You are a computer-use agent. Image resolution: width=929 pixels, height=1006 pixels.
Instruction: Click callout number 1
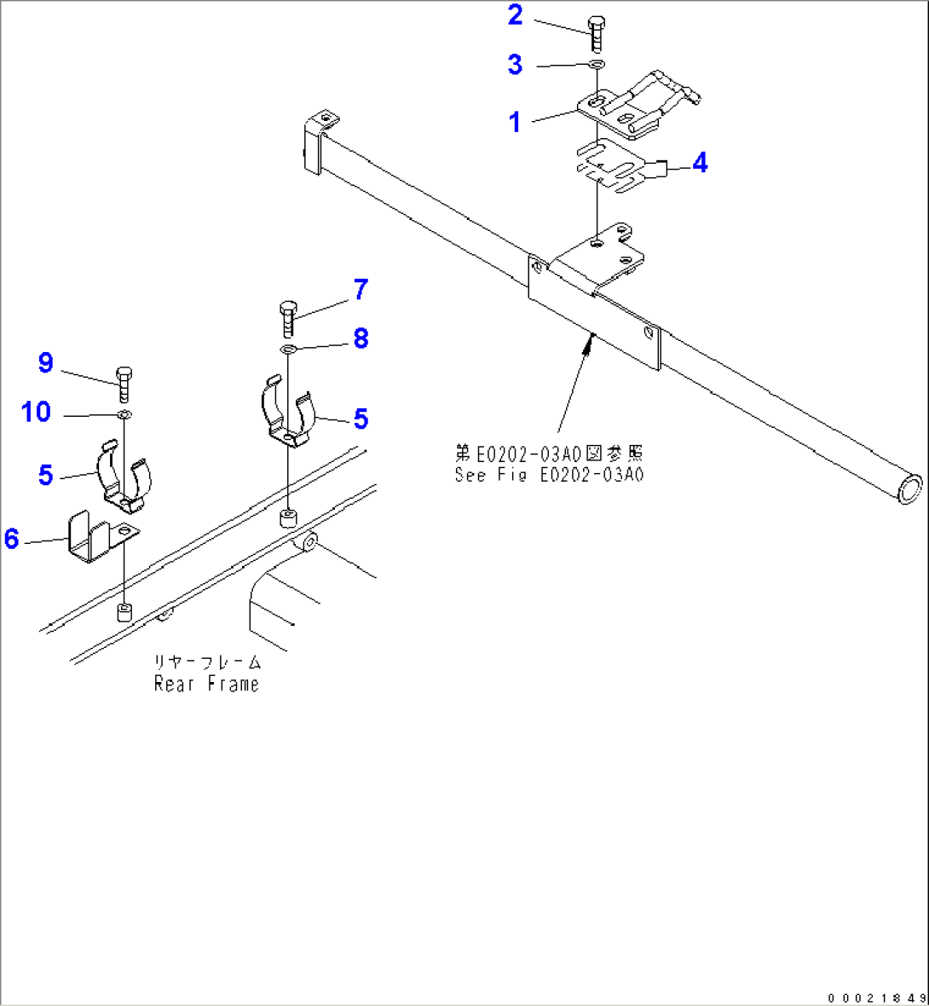click(x=515, y=122)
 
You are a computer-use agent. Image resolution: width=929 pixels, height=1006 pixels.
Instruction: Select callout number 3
click(x=515, y=64)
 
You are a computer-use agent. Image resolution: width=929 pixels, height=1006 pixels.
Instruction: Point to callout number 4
click(x=699, y=162)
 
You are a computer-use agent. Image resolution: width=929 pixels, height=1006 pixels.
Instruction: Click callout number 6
click(x=11, y=538)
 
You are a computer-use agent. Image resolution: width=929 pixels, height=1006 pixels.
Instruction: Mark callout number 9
click(x=45, y=363)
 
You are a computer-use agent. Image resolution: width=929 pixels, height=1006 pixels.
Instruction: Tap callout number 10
click(x=37, y=412)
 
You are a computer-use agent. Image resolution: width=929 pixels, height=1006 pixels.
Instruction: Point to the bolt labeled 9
click(x=124, y=384)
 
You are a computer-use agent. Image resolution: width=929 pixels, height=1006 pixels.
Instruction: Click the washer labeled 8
click(x=288, y=349)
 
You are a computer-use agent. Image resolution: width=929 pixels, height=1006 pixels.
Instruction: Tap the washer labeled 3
click(x=597, y=65)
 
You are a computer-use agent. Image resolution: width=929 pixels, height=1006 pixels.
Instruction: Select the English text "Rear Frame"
click(x=206, y=684)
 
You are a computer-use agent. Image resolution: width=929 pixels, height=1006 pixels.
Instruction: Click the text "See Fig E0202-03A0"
click(x=550, y=474)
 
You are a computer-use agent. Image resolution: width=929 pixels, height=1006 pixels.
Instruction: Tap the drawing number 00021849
click(x=875, y=997)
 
